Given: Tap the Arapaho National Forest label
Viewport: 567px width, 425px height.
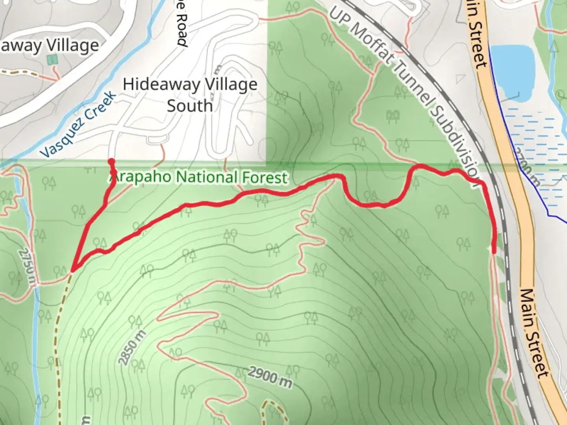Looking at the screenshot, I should (198, 177).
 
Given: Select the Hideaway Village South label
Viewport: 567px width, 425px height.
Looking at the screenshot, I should (190, 95).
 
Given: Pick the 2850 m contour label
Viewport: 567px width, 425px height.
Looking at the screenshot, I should (132, 348).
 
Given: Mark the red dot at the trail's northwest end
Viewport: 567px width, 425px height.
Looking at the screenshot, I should (111, 161).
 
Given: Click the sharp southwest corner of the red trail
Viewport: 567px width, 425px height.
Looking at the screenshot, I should (72, 270).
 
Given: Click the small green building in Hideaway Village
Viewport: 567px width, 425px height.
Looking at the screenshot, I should (52, 60).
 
